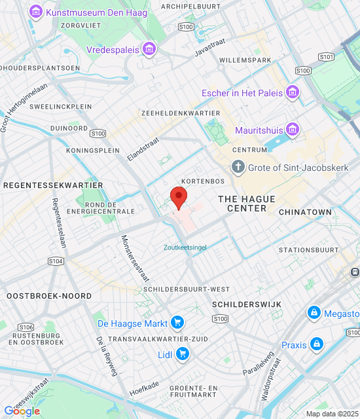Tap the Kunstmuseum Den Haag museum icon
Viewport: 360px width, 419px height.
pyautogui.click(x=35, y=12)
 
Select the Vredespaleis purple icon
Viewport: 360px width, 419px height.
pyautogui.click(x=151, y=48)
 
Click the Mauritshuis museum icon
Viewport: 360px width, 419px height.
pyautogui.click(x=292, y=129)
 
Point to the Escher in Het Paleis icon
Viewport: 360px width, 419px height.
pyautogui.click(x=292, y=92)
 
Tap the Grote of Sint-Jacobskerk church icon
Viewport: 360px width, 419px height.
pyautogui.click(x=238, y=167)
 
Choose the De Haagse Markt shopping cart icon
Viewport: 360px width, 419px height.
pyautogui.click(x=177, y=322)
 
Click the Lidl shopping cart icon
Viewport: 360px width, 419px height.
pyautogui.click(x=183, y=354)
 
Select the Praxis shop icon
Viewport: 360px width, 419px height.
pyautogui.click(x=317, y=344)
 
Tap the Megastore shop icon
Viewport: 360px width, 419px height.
pyautogui.click(x=314, y=313)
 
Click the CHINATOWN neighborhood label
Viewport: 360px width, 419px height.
pyautogui.click(x=305, y=212)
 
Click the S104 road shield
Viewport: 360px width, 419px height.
pyautogui.click(x=56, y=261)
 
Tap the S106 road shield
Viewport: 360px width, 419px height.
pyautogui.click(x=26, y=327)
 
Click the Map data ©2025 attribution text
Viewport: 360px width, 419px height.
pyautogui.click(x=332, y=414)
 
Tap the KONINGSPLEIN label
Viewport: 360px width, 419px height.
pyautogui.click(x=94, y=150)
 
